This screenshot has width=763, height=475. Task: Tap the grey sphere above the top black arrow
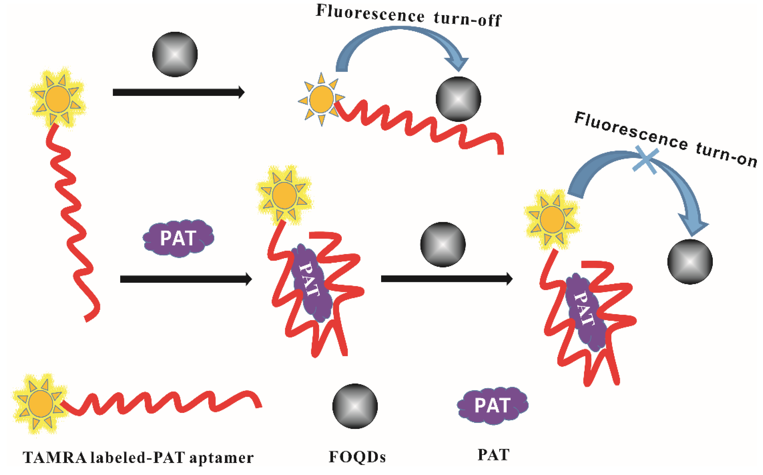175,54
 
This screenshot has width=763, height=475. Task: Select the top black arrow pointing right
178,92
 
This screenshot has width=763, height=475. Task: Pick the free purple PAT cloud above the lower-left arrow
178,238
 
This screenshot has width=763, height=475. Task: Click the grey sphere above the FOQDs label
355,406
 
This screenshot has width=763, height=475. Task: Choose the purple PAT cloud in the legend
492,405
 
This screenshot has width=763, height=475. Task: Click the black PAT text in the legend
493,455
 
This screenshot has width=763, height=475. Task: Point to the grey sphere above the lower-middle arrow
443,244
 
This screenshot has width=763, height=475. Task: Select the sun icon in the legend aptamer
40,404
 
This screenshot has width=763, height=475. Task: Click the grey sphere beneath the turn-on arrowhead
690,262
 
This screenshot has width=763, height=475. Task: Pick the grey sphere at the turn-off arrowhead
458,99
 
